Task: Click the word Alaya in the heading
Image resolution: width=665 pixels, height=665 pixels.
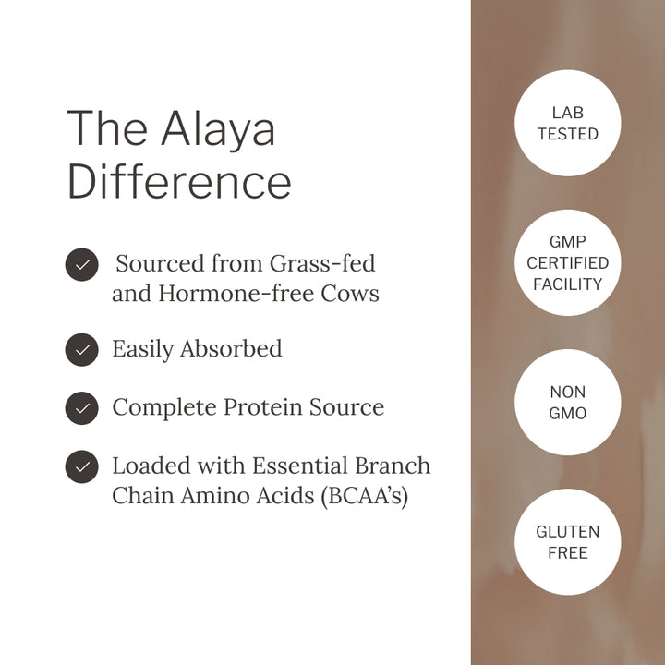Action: tap(218, 129)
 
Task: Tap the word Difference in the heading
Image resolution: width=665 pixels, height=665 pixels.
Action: tap(179, 181)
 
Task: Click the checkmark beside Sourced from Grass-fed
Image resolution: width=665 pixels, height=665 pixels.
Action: tap(81, 265)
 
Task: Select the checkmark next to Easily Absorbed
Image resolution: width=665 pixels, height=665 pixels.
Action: tap(81, 349)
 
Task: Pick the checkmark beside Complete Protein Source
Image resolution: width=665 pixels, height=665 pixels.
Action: tap(81, 407)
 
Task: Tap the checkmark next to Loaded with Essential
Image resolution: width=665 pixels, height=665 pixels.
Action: tap(81, 466)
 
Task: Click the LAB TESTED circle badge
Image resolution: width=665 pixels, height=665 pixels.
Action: tap(567, 123)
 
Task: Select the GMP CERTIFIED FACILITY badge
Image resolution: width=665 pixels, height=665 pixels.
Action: tap(567, 262)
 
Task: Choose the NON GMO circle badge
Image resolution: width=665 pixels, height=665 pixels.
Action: tap(567, 403)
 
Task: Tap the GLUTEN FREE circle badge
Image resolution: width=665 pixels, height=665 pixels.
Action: tap(567, 542)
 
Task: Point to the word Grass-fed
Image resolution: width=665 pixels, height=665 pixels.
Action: tap(322, 264)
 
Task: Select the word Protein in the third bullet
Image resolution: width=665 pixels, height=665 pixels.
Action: tap(261, 407)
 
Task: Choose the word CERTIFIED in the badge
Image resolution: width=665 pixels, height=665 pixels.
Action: tap(567, 263)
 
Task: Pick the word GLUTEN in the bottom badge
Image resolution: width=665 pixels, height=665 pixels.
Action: tap(567, 532)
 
